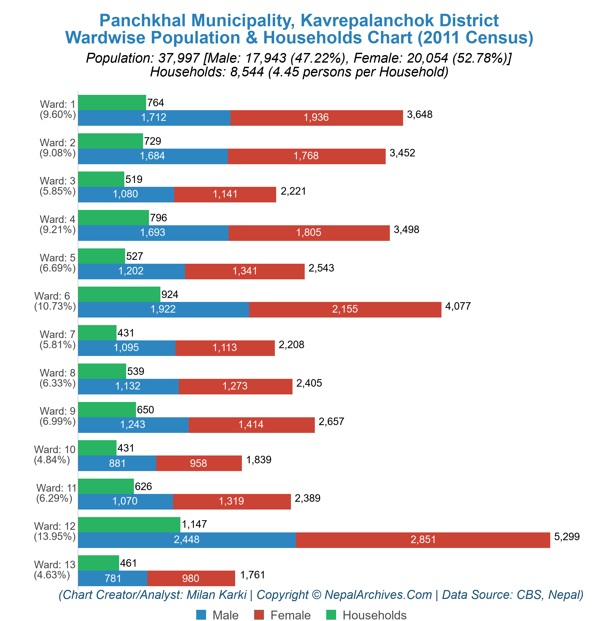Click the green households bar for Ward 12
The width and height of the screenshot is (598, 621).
pyautogui.click(x=129, y=524)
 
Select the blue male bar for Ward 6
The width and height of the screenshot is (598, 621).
pyautogui.click(x=163, y=309)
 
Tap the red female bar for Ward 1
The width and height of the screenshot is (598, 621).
pyautogui.click(x=316, y=118)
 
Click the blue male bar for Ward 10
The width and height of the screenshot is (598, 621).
pyautogui.click(x=117, y=463)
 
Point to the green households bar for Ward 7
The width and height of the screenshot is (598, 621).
pyautogui.click(x=97, y=333)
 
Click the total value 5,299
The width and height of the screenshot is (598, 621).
pyautogui.click(x=567, y=536)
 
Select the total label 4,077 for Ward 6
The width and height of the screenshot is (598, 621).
pyautogui.click(x=458, y=306)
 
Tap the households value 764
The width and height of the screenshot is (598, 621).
pyautogui.click(x=155, y=103)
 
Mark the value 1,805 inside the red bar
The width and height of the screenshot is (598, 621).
pyautogui.click(x=308, y=233)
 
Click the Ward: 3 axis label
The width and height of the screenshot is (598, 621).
pyautogui.click(x=57, y=181)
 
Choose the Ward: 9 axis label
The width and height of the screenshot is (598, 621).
pyautogui.click(x=57, y=411)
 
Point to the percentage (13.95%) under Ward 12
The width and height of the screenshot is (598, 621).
pyautogui.click(x=55, y=536)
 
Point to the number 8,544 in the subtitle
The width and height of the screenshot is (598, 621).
pyautogui.click(x=247, y=72)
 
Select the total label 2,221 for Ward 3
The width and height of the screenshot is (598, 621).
pyautogui.click(x=293, y=191)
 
